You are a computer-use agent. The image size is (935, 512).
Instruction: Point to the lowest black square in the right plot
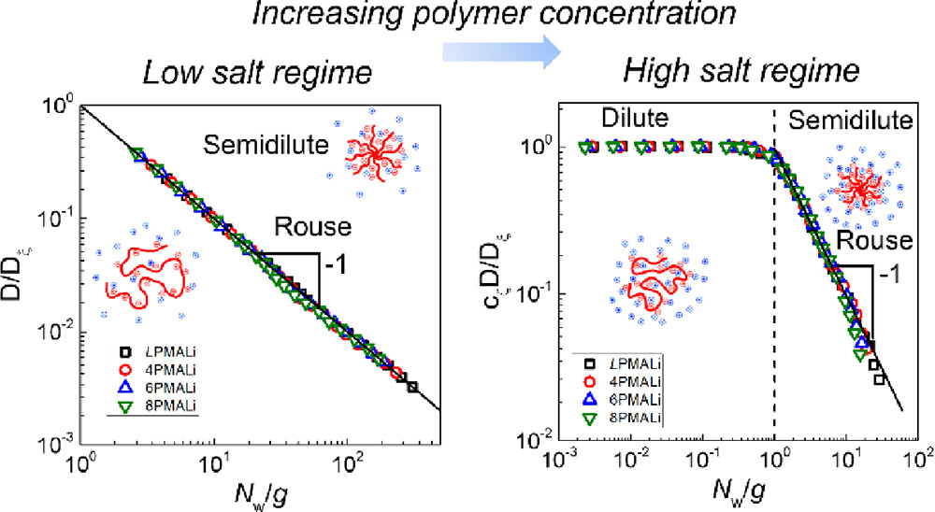click(879, 378)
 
